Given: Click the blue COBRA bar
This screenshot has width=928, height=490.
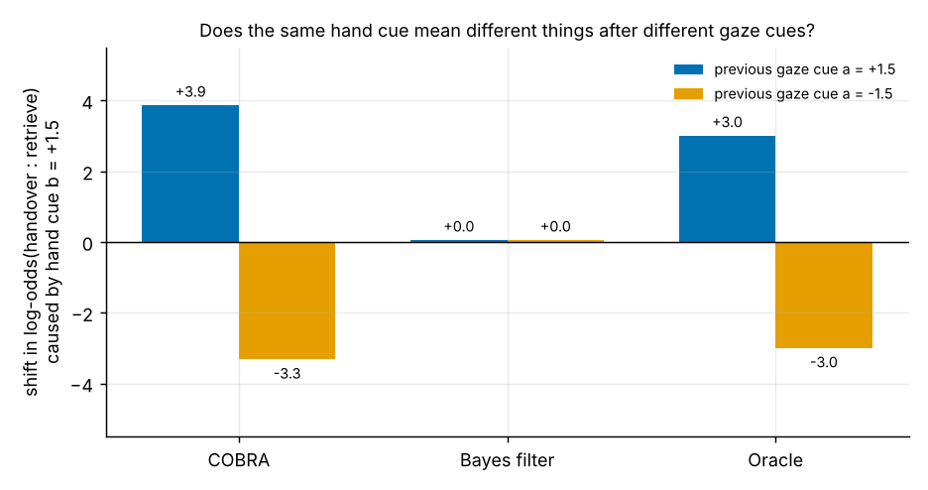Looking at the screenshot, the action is click(190, 174).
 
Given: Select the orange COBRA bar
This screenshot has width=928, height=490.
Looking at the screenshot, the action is click(288, 301).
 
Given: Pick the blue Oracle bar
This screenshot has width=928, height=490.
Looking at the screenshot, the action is click(727, 189).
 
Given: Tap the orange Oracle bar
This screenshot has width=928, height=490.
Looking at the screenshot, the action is click(824, 296).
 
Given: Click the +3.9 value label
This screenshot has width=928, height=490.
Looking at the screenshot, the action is click(190, 91).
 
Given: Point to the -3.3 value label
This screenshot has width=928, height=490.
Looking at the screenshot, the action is click(288, 374).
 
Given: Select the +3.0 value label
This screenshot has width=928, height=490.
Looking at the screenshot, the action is click(727, 123).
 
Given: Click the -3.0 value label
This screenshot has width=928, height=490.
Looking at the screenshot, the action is click(824, 362).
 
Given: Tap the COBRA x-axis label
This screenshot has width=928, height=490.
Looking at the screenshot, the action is click(239, 460).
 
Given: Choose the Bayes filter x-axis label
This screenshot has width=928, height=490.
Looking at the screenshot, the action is click(508, 460).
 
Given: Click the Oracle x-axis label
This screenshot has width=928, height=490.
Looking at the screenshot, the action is click(775, 460).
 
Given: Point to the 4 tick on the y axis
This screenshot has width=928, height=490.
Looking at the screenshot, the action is click(88, 102).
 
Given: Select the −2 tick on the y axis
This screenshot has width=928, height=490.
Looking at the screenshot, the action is click(83, 313).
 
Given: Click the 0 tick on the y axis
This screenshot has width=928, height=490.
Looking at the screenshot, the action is click(88, 243).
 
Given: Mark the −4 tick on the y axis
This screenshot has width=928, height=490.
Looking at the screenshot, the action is click(83, 385).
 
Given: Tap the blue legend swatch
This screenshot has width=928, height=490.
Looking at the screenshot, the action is click(688, 69).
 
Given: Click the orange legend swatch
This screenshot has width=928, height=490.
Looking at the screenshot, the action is click(688, 93).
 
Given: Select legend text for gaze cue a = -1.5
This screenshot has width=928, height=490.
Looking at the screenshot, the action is click(803, 94).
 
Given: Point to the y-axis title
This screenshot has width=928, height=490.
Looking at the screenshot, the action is click(42, 243).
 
